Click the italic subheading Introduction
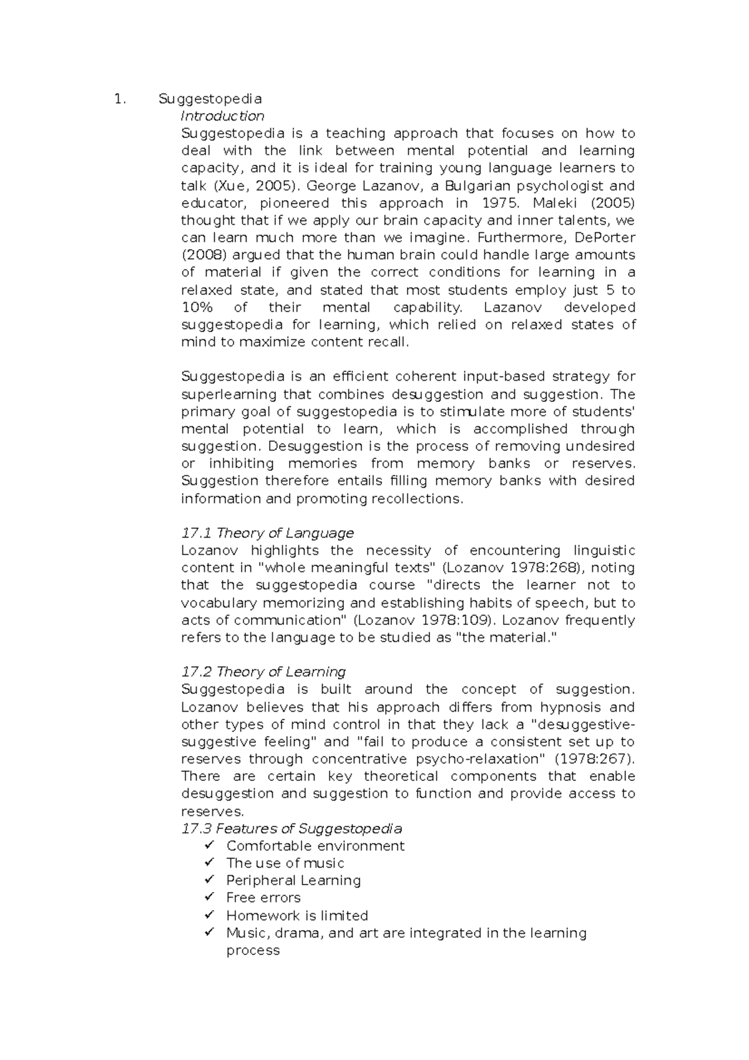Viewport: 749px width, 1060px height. tap(222, 116)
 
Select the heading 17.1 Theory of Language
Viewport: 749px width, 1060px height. tap(267, 533)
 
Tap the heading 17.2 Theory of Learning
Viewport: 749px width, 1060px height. tap(263, 672)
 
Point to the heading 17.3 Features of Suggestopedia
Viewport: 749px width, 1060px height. tap(291, 828)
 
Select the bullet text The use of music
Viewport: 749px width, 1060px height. tap(285, 863)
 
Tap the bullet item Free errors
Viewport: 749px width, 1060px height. tap(263, 898)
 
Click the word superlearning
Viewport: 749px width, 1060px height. tap(228, 395)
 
